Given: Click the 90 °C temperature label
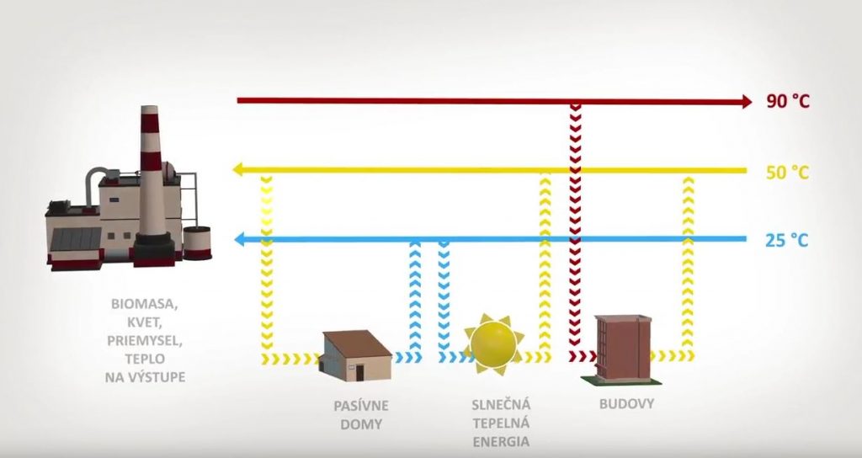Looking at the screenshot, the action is click(788, 101).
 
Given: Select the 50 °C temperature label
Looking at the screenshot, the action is click(788, 173).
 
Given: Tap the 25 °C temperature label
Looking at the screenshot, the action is click(787, 240).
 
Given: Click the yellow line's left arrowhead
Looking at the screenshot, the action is click(237, 169).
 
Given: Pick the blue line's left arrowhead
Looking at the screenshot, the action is click(239, 239).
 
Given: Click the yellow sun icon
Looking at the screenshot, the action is click(493, 344).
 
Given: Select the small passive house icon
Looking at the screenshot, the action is click(356, 355).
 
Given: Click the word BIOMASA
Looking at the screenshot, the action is click(145, 303).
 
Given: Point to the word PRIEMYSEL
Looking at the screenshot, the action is click(145, 340).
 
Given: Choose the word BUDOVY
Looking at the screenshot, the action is click(626, 403).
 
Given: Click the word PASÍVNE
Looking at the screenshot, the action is click(361, 406).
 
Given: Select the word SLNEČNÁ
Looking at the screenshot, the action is click(502, 405).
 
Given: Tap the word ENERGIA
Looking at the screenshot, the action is click(502, 441).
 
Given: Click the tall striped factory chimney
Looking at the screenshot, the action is click(152, 176).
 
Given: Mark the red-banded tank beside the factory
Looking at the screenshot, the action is click(197, 243).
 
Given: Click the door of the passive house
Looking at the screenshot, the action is click(359, 373).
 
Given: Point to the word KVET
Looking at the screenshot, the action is click(145, 322).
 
